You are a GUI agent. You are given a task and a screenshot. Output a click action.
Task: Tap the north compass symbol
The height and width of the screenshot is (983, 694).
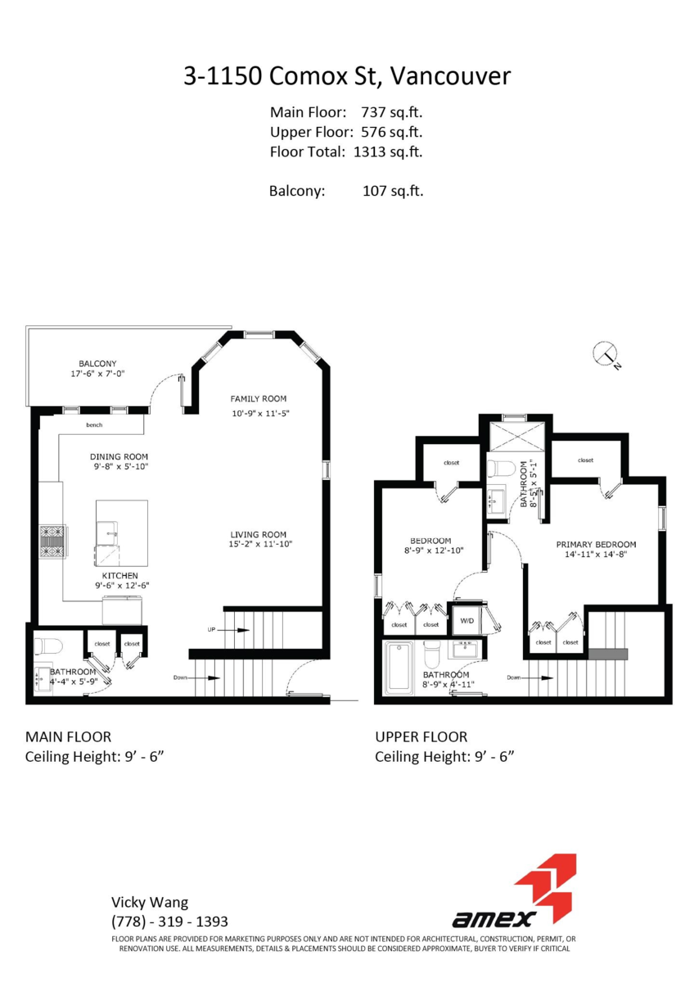(x=606, y=355)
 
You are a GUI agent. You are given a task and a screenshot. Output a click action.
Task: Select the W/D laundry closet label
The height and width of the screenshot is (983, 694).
(x=467, y=621)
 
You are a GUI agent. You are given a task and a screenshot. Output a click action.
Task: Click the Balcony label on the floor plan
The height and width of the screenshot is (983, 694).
(x=97, y=364)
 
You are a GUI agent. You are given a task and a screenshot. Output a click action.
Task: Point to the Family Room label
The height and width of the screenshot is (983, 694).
(x=259, y=398)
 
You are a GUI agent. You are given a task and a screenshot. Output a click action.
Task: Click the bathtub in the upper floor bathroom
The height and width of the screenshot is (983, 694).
(x=398, y=667)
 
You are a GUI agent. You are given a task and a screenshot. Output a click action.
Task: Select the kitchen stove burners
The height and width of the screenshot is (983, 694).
(x=52, y=541)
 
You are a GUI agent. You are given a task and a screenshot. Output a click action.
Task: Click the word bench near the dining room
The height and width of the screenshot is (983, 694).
(x=94, y=425)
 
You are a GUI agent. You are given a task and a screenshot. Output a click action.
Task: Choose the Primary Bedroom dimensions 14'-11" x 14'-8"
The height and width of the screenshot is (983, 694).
(x=596, y=555)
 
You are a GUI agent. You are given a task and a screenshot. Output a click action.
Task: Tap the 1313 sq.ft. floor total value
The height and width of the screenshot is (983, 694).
(x=388, y=152)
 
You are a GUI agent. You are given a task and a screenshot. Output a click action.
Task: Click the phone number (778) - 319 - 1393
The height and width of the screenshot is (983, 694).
(x=169, y=921)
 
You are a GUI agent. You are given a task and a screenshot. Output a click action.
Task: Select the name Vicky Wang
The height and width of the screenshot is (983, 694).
(x=150, y=902)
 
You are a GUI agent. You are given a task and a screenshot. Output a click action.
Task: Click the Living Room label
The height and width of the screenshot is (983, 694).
(x=259, y=534)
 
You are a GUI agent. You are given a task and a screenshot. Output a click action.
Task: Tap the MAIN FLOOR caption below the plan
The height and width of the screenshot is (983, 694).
(x=68, y=736)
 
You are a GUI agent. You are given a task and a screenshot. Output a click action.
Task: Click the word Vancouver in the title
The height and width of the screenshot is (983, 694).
(x=450, y=76)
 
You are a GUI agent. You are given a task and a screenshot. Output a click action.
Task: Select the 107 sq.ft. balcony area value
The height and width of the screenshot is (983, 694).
(x=393, y=191)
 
